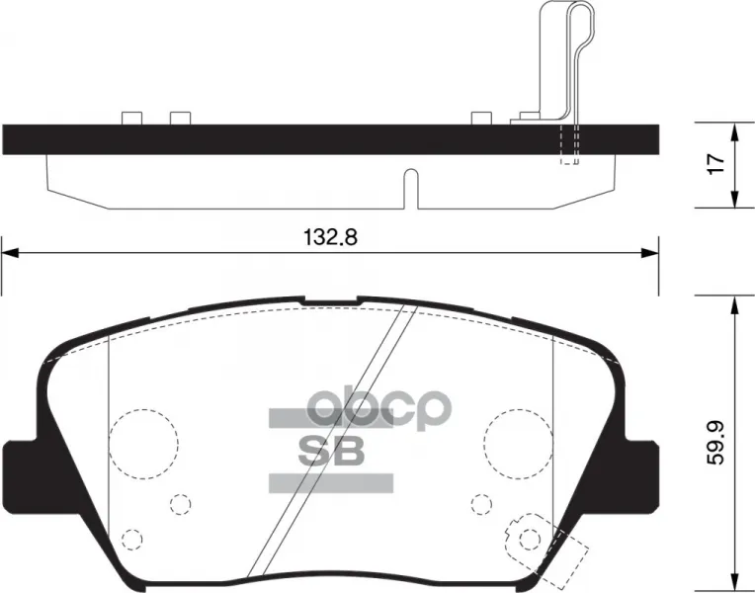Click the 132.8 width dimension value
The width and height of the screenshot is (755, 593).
click(x=330, y=237)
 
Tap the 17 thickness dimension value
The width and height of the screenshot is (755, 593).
click(x=716, y=165)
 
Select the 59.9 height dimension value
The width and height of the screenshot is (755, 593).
click(x=716, y=445)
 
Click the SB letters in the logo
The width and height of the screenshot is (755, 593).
click(x=331, y=451)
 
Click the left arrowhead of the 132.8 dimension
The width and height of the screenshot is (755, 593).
click(x=11, y=253)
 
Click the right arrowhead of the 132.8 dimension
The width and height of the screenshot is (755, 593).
click(x=650, y=253)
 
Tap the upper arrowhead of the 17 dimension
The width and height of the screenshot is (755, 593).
click(x=734, y=131)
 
